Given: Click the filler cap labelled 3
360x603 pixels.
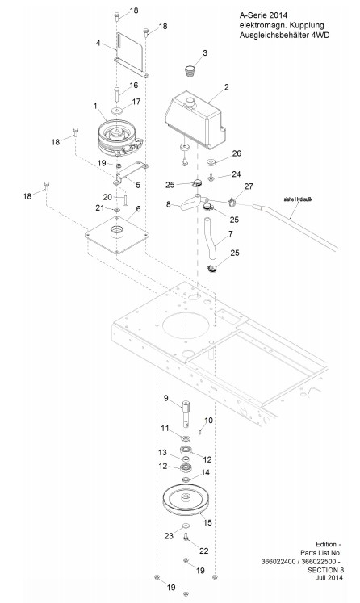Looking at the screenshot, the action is point(190,71).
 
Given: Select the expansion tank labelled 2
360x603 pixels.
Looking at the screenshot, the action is point(194,119).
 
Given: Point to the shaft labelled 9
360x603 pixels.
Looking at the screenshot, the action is point(186,413).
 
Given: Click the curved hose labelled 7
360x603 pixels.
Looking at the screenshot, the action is point(211,238).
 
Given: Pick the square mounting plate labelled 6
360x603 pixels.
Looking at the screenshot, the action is point(117,235).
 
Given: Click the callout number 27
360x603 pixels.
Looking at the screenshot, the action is point(249,186).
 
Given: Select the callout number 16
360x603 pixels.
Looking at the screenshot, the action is point(133,85).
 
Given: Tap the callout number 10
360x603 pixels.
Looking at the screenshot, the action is point(208,421).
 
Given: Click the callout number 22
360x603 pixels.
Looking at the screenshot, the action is point(204,551).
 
